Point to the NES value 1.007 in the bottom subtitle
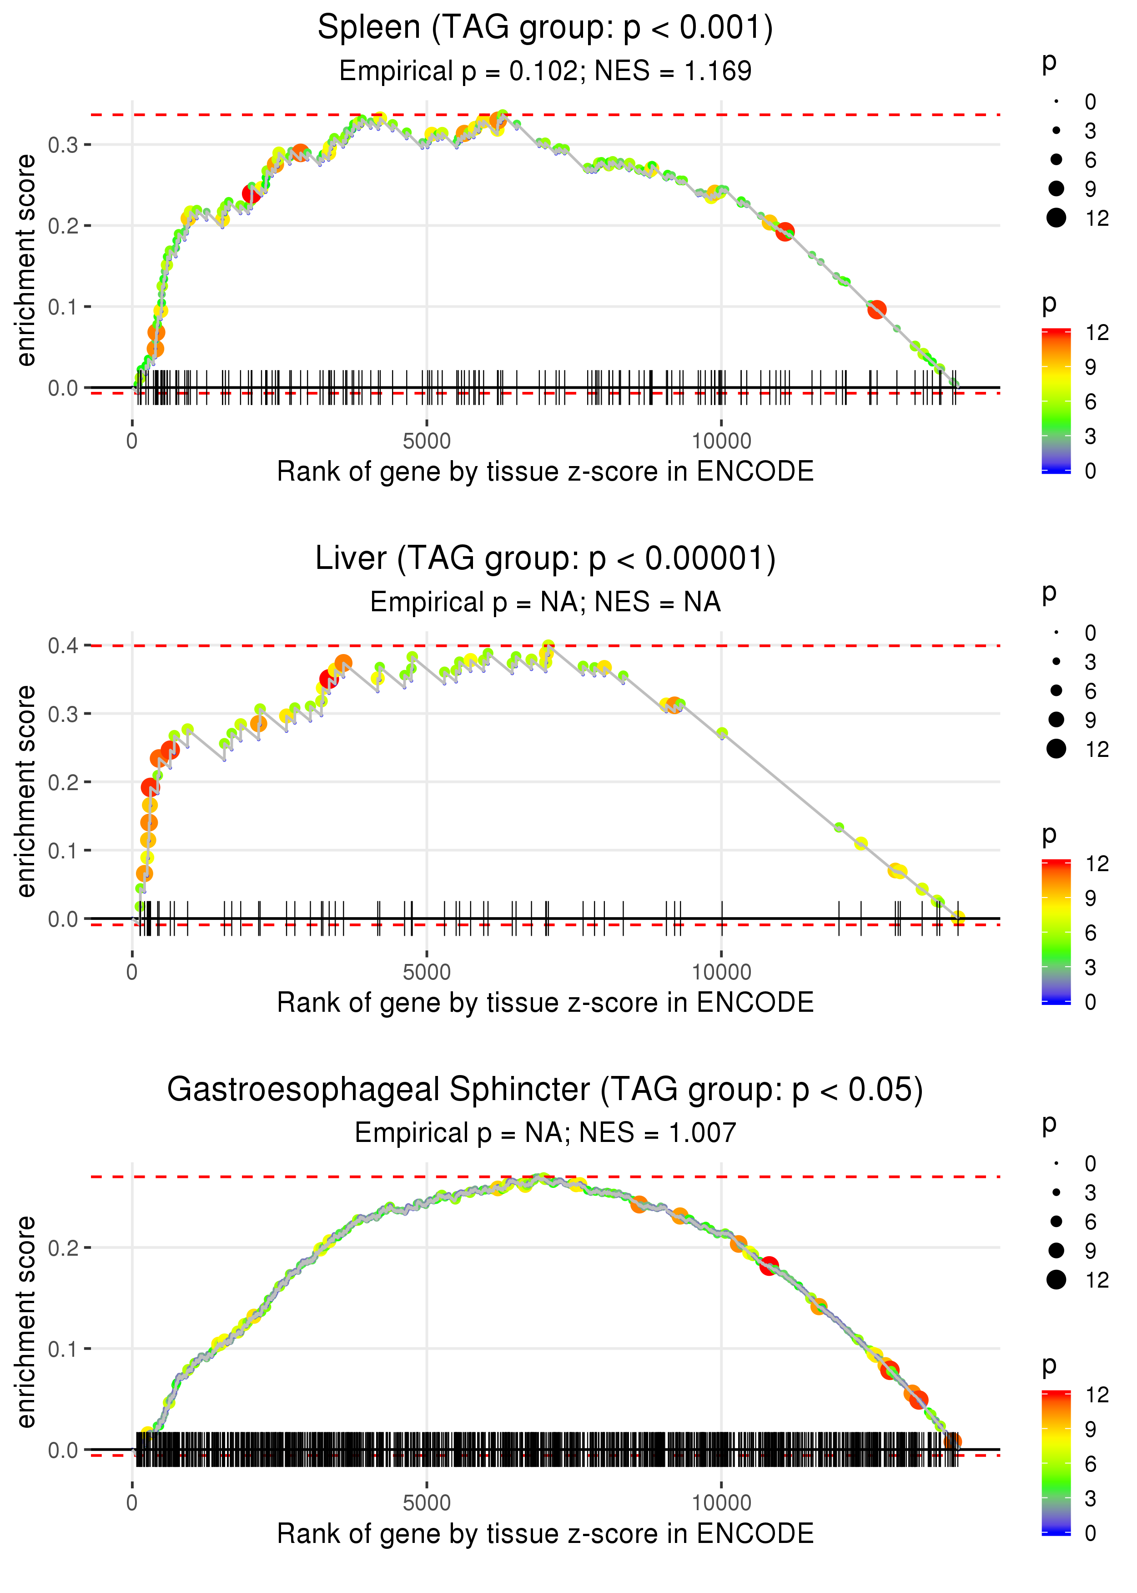[x=702, y=1133]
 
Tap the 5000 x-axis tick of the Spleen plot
[x=427, y=441]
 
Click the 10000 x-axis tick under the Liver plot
[x=721, y=972]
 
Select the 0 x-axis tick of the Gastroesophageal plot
[x=132, y=1503]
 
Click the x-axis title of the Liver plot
[x=545, y=1003]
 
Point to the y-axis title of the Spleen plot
[x=26, y=261]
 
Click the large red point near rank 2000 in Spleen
[x=252, y=194]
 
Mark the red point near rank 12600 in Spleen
[x=876, y=309]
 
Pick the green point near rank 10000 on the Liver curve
[x=722, y=733]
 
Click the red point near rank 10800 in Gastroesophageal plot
[x=769, y=1266]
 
